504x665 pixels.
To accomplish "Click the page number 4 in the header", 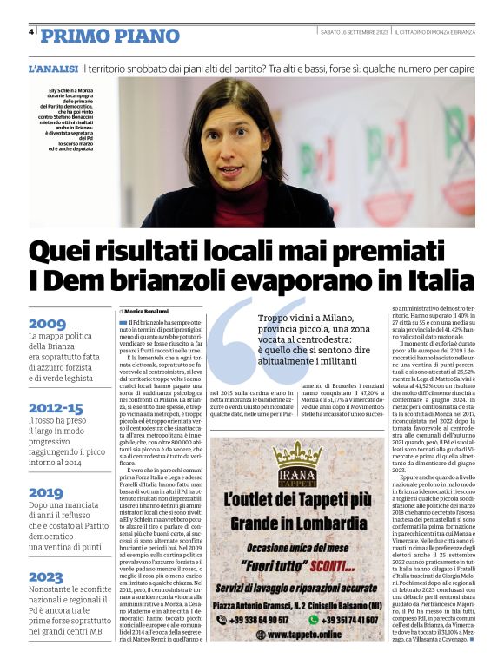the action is point(31,32).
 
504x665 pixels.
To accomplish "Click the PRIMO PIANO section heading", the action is point(109,35).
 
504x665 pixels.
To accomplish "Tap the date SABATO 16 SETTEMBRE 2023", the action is point(353,32).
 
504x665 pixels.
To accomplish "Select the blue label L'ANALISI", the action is point(54,68).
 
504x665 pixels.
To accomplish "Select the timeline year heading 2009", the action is point(47,324).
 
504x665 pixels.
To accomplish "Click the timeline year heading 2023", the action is point(47,576).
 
